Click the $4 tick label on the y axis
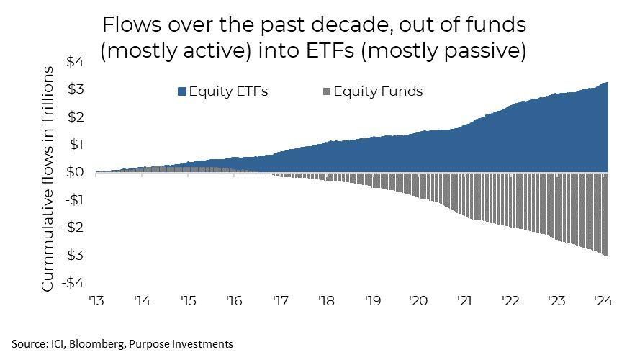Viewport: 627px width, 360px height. [76, 63]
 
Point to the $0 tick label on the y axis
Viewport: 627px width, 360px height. [76, 173]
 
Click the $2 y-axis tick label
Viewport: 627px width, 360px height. [76, 117]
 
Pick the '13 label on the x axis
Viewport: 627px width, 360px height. [96, 301]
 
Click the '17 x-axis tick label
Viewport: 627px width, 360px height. [280, 301]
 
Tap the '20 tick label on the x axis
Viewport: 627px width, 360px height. [418, 301]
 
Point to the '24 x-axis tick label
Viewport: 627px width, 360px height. [602, 301]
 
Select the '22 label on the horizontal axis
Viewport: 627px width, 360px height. [510, 301]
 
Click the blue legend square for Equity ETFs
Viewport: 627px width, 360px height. [182, 91]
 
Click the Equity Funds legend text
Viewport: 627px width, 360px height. [378, 91]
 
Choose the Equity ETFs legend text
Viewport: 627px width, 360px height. [228, 91]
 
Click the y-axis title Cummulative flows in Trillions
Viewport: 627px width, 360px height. [48, 179]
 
